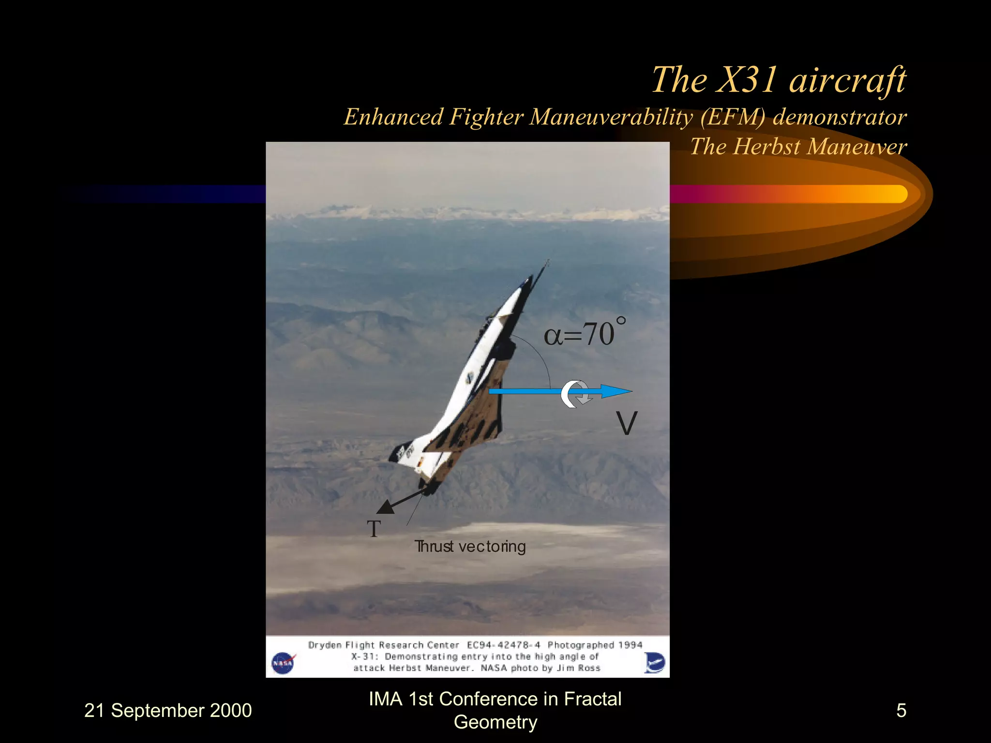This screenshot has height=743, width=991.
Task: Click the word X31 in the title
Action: click(748, 80)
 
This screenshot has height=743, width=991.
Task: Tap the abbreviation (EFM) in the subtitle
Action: click(733, 118)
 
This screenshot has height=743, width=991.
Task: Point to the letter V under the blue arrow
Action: click(627, 424)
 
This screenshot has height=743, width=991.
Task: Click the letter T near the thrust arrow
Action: click(374, 529)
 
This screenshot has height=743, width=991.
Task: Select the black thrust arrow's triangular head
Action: click(386, 508)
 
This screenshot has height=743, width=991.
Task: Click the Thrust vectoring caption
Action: click(470, 547)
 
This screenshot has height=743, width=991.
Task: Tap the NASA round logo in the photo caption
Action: click(283, 663)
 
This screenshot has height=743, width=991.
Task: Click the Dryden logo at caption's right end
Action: click(654, 662)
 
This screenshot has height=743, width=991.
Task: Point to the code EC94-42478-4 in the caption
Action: click(503, 645)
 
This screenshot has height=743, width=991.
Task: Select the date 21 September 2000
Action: click(168, 711)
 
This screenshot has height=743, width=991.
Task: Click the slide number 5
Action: click(901, 711)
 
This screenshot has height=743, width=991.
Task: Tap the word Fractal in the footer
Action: click(592, 699)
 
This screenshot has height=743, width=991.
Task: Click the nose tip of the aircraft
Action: click(548, 262)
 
